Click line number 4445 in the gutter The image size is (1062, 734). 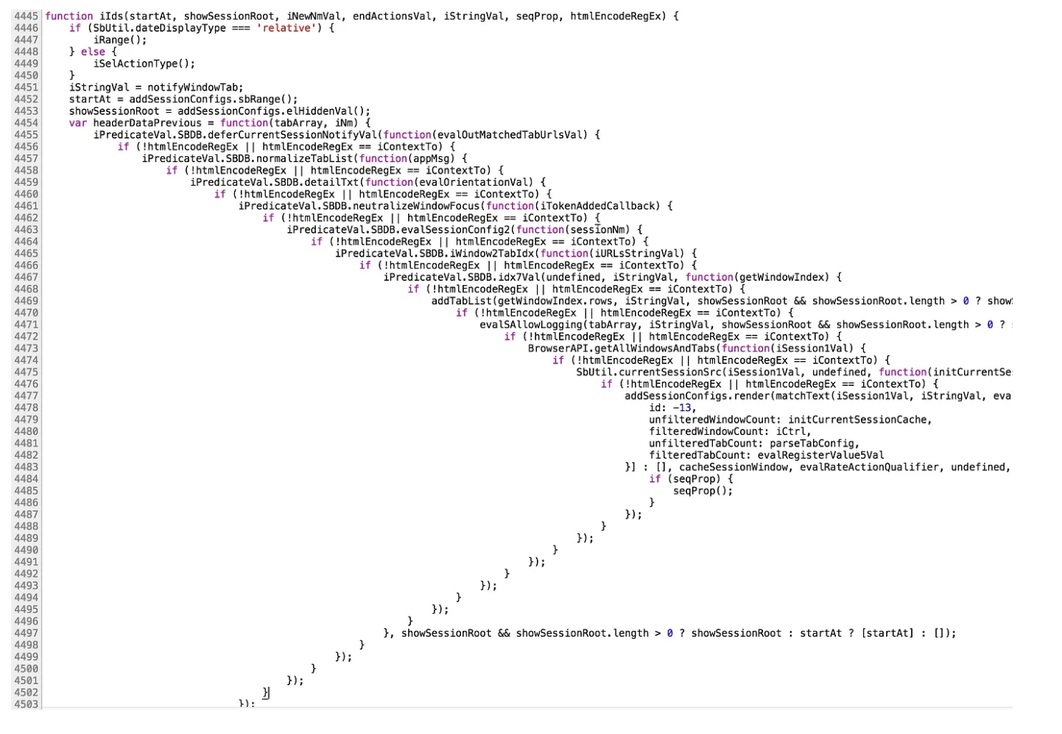click(26, 16)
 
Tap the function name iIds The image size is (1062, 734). click(111, 16)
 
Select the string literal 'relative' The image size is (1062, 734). click(286, 28)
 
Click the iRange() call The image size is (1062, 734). click(119, 40)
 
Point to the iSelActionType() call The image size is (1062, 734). click(144, 63)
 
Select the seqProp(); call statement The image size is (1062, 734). click(703, 491)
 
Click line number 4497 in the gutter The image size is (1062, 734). click(26, 633)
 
